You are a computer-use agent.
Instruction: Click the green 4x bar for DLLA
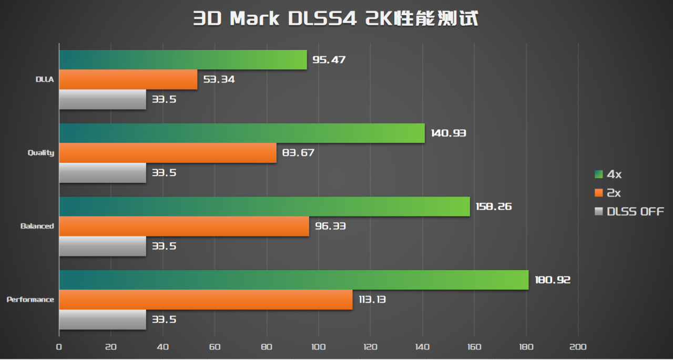coord(182,60)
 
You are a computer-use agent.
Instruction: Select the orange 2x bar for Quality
coord(168,153)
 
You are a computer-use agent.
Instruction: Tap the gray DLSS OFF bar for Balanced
coord(103,246)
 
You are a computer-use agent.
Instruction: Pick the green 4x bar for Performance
coord(293,280)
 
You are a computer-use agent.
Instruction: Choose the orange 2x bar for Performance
coord(206,300)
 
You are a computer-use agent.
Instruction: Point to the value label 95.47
coord(329,60)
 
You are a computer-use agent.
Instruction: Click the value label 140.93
coord(448,133)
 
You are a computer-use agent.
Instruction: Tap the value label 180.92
coord(552,280)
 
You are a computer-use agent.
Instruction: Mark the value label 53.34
coord(219,80)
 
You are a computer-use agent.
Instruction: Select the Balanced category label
coord(37,226)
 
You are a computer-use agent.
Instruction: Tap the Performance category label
coord(30,300)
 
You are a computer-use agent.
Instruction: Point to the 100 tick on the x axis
coord(318,347)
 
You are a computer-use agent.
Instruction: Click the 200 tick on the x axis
coord(578,347)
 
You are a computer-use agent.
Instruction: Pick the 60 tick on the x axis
coord(215,347)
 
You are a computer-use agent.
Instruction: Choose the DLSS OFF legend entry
coord(629,211)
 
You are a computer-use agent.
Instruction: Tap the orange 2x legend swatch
coord(598,193)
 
